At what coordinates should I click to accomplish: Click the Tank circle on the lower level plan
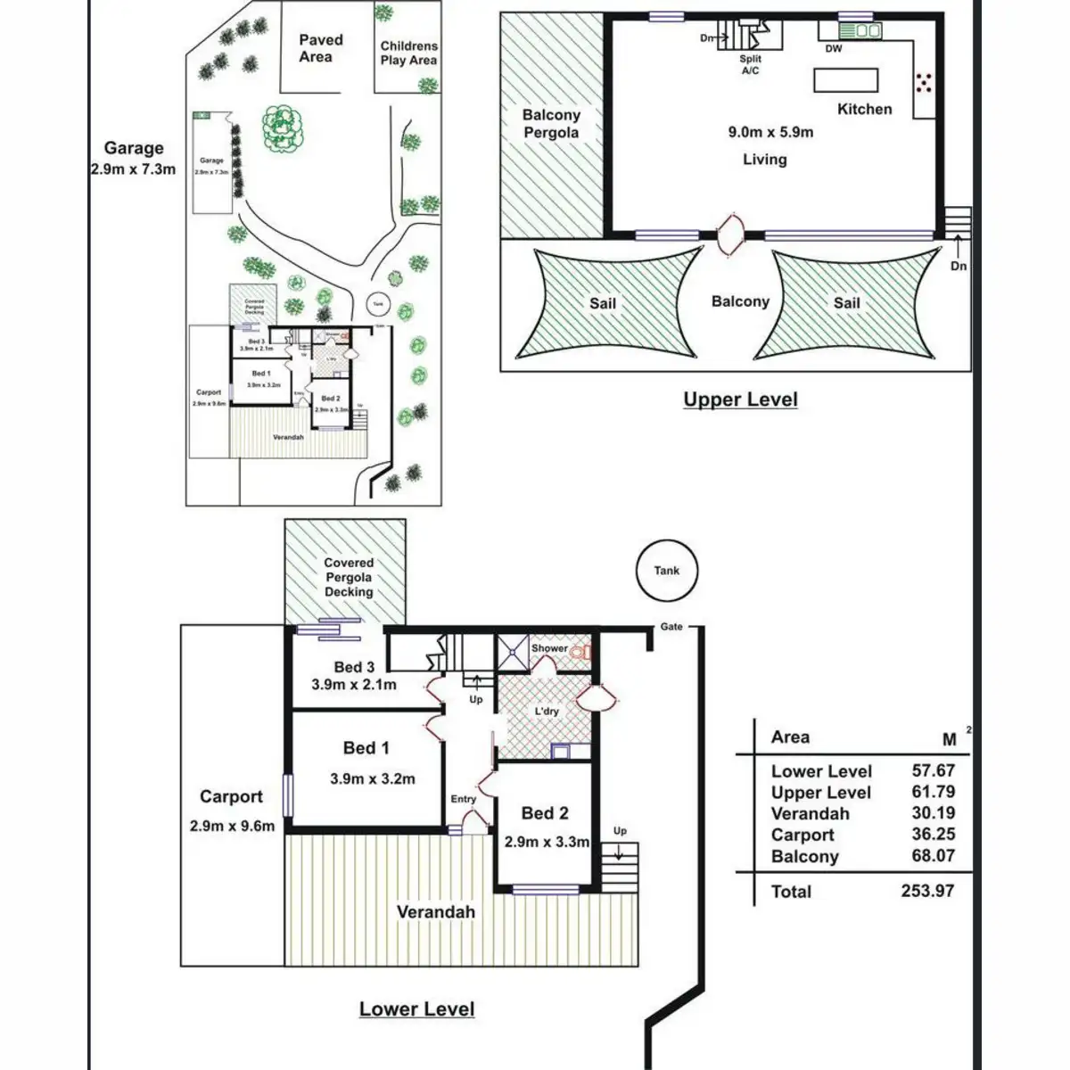click(x=666, y=571)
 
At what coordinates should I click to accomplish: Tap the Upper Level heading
click(x=740, y=399)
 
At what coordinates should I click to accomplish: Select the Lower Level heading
click(x=416, y=1008)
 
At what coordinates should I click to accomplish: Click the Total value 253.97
click(x=927, y=891)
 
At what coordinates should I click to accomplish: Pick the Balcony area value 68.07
click(x=933, y=856)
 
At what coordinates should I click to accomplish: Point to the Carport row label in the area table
click(x=802, y=835)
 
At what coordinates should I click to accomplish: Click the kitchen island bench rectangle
click(x=845, y=80)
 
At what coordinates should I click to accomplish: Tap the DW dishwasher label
click(x=833, y=49)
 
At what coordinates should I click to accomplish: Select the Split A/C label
click(x=750, y=64)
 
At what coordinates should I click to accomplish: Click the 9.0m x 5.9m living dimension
click(x=770, y=132)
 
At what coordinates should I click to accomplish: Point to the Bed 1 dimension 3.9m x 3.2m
click(x=373, y=778)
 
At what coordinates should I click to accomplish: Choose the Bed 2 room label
click(x=545, y=813)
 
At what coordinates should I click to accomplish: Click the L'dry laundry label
click(x=547, y=711)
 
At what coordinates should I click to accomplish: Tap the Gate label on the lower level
click(x=671, y=627)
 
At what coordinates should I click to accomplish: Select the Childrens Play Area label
click(x=408, y=53)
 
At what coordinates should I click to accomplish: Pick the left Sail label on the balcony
click(x=603, y=303)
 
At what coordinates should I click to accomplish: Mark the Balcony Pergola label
click(x=551, y=123)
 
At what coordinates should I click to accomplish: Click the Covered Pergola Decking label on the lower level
click(x=349, y=577)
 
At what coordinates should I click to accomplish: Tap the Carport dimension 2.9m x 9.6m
click(x=232, y=826)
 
